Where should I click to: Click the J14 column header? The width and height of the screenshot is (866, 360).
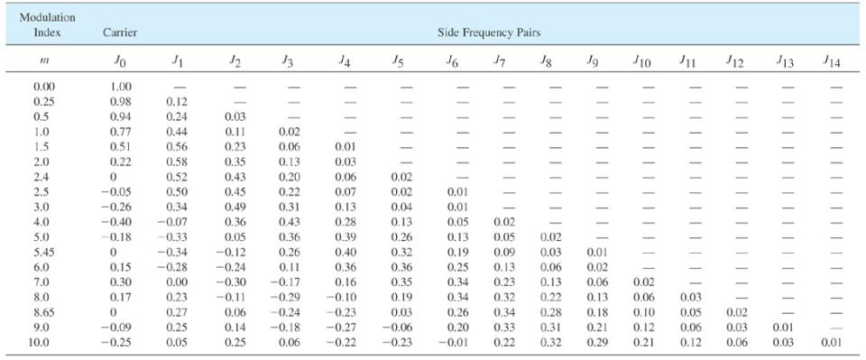click(x=832, y=61)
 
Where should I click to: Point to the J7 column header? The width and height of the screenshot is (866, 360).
click(x=499, y=61)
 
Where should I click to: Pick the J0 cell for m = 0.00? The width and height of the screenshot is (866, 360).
click(x=121, y=88)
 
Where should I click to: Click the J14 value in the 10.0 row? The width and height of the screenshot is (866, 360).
click(x=832, y=344)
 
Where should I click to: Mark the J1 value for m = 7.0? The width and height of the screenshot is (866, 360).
click(x=176, y=282)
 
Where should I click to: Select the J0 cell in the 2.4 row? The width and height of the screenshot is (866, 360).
click(x=121, y=178)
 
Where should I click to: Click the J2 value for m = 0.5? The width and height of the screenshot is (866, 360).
click(x=234, y=115)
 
